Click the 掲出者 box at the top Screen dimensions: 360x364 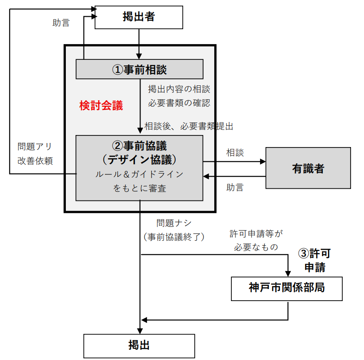point(139,18)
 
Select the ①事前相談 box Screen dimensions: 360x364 point(140,70)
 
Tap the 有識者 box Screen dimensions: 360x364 point(308,168)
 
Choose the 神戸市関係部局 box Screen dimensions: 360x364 point(287,288)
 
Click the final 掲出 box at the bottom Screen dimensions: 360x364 point(139,346)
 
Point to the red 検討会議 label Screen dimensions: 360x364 point(101,106)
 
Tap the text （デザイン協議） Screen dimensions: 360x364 point(139,159)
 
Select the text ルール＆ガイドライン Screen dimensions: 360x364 point(139,174)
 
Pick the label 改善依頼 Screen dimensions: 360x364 point(35,161)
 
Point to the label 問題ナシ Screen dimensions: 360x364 point(174,223)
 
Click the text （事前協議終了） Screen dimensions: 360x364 point(174,237)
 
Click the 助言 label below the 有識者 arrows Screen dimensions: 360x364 point(235,187)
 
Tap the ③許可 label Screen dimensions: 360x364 point(315,254)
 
